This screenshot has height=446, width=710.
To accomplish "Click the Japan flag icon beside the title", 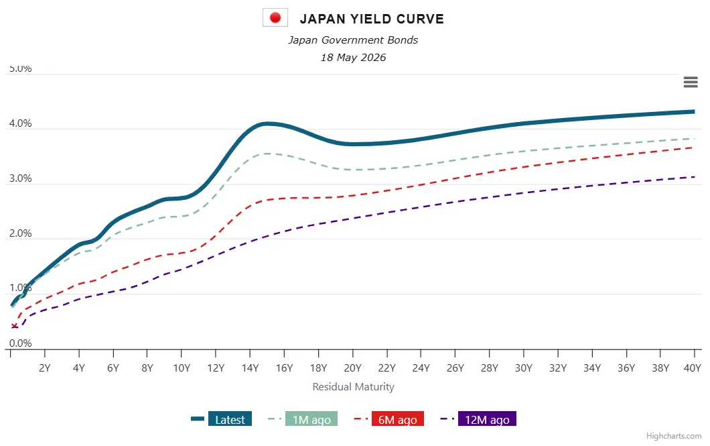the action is click(275, 17).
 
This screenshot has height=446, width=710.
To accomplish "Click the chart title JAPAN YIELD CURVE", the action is click(372, 19).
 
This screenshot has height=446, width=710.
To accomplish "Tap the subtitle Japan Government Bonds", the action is click(353, 40).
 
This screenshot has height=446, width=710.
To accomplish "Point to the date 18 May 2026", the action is click(353, 57).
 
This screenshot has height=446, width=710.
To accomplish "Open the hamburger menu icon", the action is click(691, 82).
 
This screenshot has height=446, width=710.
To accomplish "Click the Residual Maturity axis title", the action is click(353, 386).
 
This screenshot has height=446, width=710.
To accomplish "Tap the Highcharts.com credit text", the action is click(674, 435).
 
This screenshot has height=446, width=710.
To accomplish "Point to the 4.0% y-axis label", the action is click(20, 123).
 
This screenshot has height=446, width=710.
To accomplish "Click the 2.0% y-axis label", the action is click(20, 233).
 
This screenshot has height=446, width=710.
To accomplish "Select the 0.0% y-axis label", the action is click(20, 343).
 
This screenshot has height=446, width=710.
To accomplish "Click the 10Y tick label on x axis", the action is click(182, 368).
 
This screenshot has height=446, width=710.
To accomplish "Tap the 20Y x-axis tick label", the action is click(353, 368).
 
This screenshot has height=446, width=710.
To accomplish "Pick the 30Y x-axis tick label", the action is click(523, 368).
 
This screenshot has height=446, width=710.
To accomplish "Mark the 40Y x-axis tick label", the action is click(692, 368).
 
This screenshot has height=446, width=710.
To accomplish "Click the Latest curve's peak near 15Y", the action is click(267, 123).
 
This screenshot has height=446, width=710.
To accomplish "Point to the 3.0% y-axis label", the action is click(20, 178).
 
